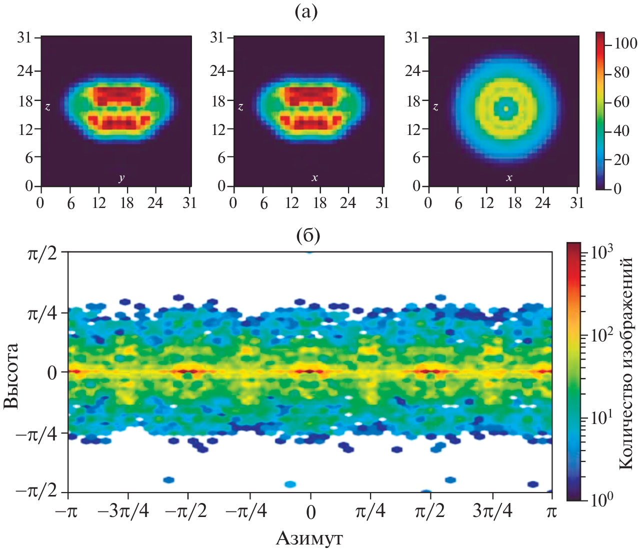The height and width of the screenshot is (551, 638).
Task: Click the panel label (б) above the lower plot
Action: tap(308, 235)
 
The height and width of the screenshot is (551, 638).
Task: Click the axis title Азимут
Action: tap(309, 538)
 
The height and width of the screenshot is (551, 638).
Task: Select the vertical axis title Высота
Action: tap(11, 375)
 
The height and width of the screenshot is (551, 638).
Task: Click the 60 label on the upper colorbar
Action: tap(621, 102)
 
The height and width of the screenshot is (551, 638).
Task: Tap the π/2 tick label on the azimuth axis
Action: tap(430, 511)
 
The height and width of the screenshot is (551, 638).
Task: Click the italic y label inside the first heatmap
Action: tap(121, 178)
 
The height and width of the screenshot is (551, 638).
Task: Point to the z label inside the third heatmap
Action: tap(435, 107)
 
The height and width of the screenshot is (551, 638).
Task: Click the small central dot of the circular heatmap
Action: tap(505, 108)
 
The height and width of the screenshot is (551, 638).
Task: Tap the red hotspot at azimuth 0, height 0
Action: tap(309, 371)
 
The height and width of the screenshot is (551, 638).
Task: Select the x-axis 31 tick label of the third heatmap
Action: tap(577, 202)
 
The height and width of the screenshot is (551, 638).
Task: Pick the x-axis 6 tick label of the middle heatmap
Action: tap(264, 203)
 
